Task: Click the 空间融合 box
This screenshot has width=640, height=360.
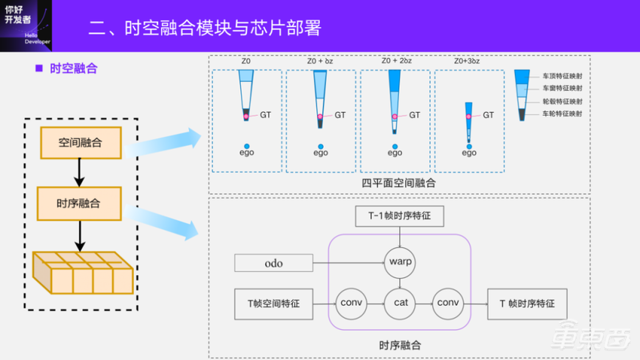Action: click(x=79, y=142)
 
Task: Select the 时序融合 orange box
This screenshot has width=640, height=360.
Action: click(x=79, y=203)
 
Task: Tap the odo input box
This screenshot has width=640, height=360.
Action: click(x=273, y=263)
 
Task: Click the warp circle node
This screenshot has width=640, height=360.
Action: click(x=399, y=263)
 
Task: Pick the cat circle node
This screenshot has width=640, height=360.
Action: click(x=399, y=303)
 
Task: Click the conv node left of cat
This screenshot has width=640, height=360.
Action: click(x=350, y=303)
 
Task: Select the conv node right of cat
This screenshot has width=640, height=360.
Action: click(x=448, y=303)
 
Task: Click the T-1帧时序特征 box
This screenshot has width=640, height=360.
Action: click(x=399, y=217)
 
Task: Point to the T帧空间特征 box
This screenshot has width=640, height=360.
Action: click(x=273, y=304)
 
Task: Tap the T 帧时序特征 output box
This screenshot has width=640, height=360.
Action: click(x=526, y=304)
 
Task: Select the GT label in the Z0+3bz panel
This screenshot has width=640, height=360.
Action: click(x=488, y=115)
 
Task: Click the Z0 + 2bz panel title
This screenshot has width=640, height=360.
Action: click(x=395, y=61)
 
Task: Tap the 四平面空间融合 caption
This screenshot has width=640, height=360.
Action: click(x=398, y=183)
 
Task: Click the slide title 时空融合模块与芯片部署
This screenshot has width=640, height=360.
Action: click(x=204, y=29)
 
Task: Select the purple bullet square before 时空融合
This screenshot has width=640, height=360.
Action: click(x=39, y=69)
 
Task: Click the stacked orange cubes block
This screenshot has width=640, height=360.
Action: click(x=83, y=273)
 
